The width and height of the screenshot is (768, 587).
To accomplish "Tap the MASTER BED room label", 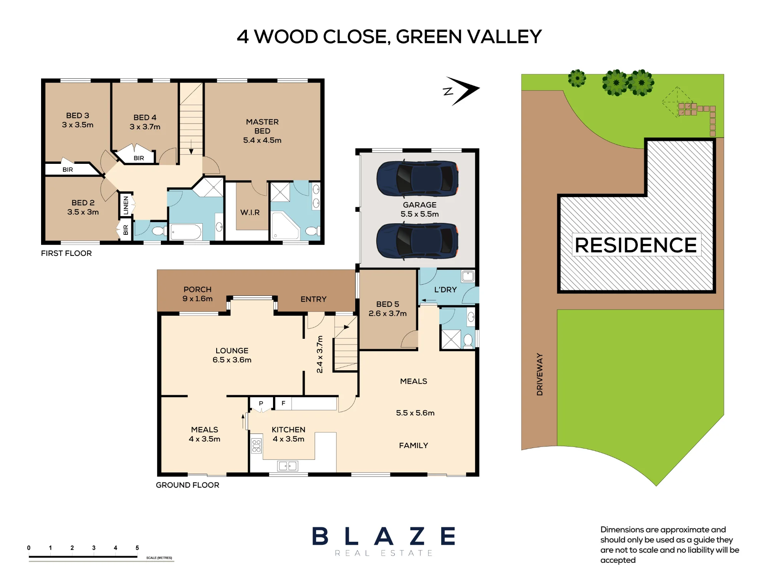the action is click(262, 126).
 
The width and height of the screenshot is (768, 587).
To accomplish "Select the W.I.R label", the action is click(250, 212).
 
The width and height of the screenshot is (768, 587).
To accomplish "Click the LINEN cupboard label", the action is click(126, 205).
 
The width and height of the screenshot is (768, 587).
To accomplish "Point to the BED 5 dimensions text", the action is click(387, 313).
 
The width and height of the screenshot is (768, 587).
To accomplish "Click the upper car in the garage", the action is click(417, 178).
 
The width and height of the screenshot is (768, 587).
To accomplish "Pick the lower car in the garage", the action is click(417, 241).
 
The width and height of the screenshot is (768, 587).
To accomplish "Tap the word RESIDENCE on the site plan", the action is click(636, 245).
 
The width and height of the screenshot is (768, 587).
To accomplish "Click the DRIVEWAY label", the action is click(540, 374).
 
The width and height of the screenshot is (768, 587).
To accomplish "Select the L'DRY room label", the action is click(445, 290).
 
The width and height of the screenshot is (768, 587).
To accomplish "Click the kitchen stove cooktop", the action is click(256, 445).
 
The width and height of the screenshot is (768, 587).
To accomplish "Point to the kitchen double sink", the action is click(288, 466).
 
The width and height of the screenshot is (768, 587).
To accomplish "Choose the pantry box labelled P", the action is click(261, 404).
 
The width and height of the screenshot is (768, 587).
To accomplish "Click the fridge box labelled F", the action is click(283, 403).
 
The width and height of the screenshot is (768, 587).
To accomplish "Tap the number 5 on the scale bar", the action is click(137, 548).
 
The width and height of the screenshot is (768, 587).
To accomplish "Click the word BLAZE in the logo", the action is click(384, 536).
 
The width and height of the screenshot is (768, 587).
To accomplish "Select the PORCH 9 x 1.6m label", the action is click(197, 294).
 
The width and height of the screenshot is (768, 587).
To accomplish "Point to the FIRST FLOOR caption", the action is click(66, 253).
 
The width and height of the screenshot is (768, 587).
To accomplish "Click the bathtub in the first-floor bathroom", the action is click(186, 232).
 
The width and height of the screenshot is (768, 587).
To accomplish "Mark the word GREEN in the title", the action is click(429, 37).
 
